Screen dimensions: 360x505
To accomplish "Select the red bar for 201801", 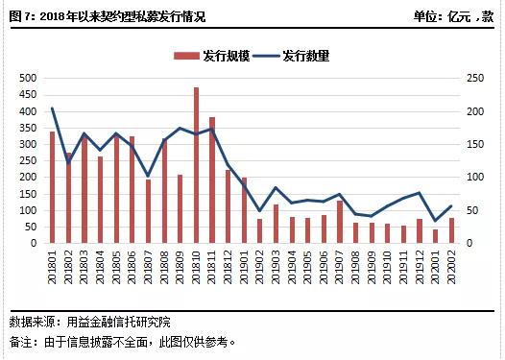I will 52,187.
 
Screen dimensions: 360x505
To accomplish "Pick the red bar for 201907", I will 340,222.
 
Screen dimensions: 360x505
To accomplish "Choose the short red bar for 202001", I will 435,236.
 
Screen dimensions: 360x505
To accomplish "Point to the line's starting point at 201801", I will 52,108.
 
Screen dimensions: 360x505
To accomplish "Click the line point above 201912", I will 419,193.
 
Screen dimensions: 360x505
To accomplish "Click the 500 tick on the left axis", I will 28,78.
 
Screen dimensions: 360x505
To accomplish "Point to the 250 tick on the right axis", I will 473,78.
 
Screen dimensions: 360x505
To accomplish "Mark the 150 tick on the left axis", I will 28,194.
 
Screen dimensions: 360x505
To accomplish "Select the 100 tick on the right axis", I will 473,178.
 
